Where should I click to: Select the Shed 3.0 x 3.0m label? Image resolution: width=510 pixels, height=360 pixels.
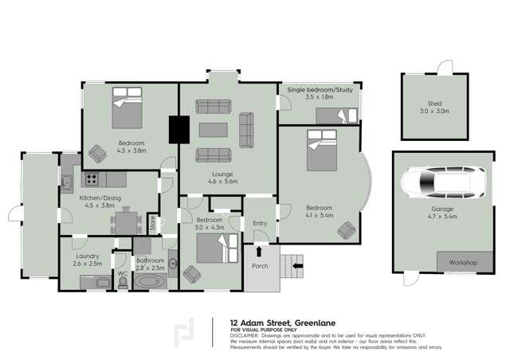(x=435, y=108)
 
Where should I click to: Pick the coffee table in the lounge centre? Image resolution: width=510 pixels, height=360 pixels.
(x=213, y=129)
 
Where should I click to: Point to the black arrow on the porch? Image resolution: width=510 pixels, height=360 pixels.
(x=258, y=250)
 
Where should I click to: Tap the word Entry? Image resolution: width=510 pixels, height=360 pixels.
(x=260, y=224)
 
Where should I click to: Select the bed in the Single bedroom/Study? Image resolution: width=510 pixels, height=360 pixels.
(x=338, y=117)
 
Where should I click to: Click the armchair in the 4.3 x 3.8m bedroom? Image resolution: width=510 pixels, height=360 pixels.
(x=99, y=151)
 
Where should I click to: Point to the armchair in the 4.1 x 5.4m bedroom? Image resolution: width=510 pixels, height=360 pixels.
(x=347, y=231)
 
